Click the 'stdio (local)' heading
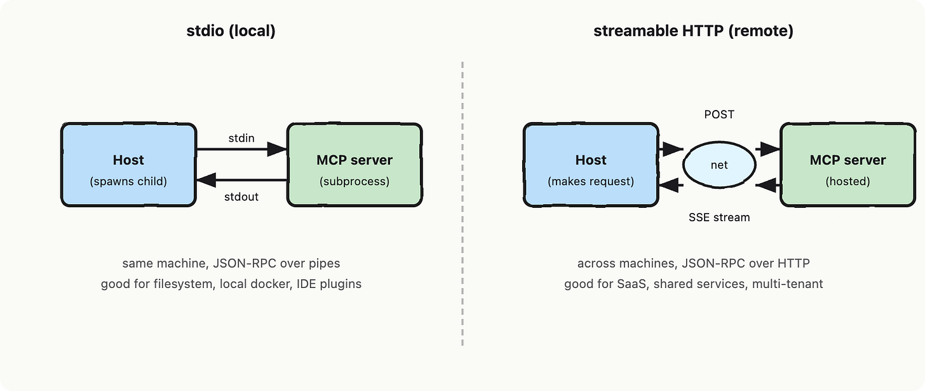pos(231,31)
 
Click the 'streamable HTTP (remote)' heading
pos(693,31)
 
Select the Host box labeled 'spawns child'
pos(128,165)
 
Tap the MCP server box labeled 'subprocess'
pos(354,165)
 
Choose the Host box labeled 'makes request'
pos(591,165)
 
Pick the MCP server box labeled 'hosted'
pos(847,165)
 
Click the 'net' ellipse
pos(719,165)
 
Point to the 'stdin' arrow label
pos(241,138)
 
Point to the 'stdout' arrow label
pos(241,196)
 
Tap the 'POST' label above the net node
pos(719,114)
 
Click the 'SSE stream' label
pos(719,217)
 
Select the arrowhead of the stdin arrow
pos(277,149)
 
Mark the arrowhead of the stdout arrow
pos(206,180)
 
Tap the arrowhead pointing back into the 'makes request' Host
pos(669,185)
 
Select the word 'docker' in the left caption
pos(270,284)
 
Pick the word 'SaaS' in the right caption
pos(631,284)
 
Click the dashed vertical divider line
pos(462,204)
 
